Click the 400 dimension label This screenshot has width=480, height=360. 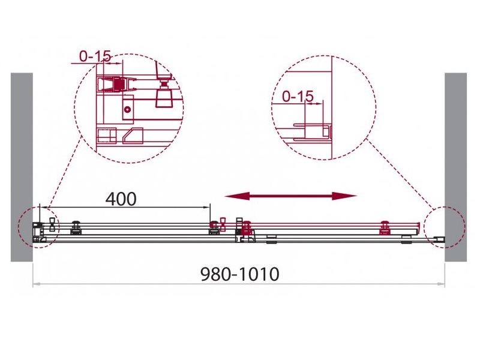[121, 199]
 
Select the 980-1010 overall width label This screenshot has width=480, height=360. [239, 274]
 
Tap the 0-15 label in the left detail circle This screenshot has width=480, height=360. [95, 56]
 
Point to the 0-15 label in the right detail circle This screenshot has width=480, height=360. [298, 96]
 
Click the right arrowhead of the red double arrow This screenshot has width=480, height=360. [344, 196]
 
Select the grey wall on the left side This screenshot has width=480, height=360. [22, 167]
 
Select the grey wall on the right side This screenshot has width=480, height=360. [455, 167]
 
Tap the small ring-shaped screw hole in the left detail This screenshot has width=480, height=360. [127, 109]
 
